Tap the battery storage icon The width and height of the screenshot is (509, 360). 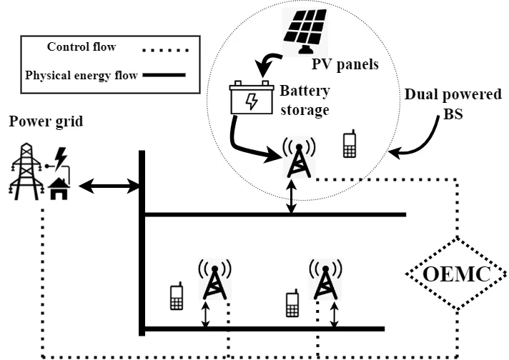(251, 99)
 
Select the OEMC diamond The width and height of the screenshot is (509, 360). (457, 273)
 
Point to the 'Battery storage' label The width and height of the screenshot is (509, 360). (305, 101)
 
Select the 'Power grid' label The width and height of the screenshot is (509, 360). (46, 121)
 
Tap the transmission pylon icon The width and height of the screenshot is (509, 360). (23, 171)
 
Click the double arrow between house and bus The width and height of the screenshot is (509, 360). (109, 187)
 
